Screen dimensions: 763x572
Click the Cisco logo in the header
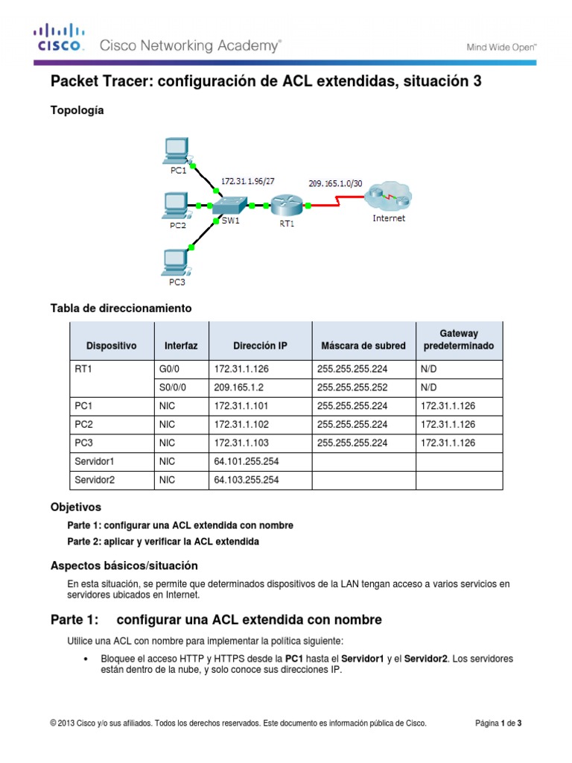pos(58,38)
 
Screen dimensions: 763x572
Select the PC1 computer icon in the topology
pos(177,151)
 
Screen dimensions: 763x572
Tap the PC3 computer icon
pos(177,261)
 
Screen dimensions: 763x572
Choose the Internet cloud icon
pos(387,197)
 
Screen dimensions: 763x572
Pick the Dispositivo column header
pos(112,346)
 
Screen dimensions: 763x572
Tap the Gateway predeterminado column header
pos(459,340)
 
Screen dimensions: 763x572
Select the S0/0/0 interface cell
pos(174,387)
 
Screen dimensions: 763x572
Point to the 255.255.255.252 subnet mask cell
pos(352,387)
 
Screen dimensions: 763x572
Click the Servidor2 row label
pos(95,481)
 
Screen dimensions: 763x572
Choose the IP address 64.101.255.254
pos(246,462)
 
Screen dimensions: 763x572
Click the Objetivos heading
pos(75,507)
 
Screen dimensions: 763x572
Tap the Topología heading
pos(77,110)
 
